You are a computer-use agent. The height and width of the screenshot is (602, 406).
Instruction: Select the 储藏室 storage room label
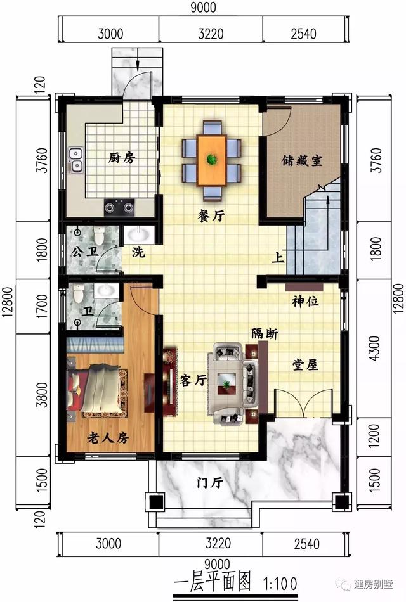(x=302, y=160)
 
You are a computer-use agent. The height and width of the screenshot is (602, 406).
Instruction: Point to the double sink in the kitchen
(x=77, y=160)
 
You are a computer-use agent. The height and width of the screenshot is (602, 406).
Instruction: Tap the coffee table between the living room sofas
(x=227, y=383)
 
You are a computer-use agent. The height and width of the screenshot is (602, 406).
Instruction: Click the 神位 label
(x=305, y=302)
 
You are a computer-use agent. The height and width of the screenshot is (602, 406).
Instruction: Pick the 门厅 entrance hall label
(x=209, y=483)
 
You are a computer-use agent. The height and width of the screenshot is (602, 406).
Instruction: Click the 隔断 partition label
(x=263, y=334)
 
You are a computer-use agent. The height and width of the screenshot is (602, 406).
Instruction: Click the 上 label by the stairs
(x=277, y=258)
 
